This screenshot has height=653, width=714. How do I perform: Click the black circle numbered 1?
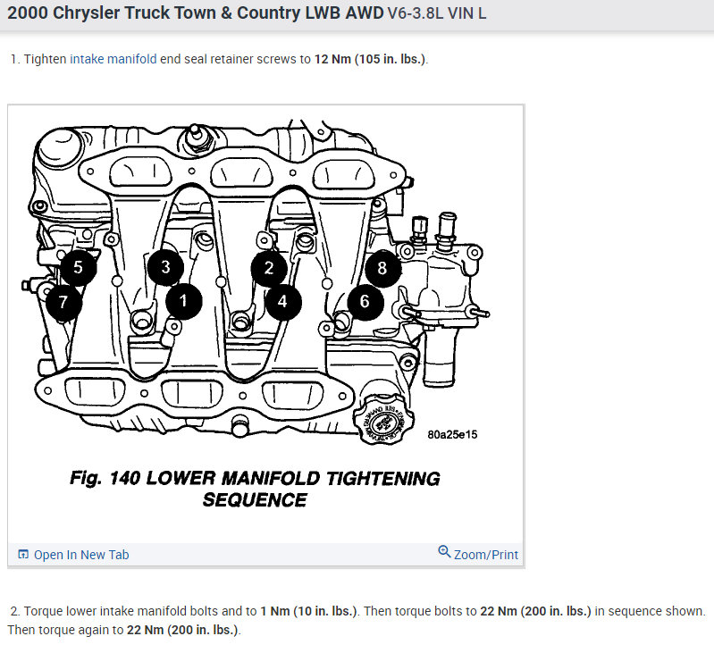[x=184, y=301]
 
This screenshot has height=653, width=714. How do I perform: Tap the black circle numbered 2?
[x=269, y=267]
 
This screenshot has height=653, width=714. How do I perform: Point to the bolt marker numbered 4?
[x=282, y=301]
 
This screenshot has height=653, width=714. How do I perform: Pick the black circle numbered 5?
[x=78, y=267]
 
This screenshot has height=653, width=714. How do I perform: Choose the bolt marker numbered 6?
[x=365, y=301]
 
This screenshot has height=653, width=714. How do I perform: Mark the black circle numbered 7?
[x=63, y=303]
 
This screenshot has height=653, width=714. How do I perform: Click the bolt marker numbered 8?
[x=382, y=267]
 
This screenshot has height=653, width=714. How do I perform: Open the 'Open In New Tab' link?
[x=81, y=555]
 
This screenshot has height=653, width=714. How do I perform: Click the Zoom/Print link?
[x=485, y=554]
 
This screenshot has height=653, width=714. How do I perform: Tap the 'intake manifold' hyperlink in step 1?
[x=113, y=59]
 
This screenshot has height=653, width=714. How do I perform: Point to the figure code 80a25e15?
[x=452, y=435]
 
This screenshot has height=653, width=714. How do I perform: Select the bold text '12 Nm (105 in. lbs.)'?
[x=370, y=59]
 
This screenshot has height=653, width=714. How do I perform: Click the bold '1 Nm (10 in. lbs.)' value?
[x=309, y=612]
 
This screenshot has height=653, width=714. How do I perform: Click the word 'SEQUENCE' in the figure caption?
[x=255, y=500]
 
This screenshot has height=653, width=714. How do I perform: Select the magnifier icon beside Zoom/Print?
[x=444, y=552]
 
